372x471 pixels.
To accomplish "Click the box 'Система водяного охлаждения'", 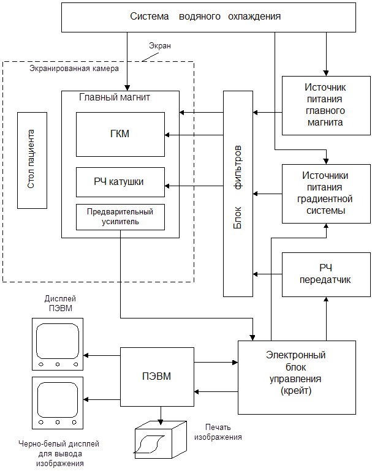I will coord(205,17).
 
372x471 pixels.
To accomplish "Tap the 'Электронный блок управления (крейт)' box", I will coord(297,377).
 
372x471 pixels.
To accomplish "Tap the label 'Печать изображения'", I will coord(218,432).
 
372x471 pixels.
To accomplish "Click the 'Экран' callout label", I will coord(160,46).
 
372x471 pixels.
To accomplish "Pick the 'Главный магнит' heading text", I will coord(115,97).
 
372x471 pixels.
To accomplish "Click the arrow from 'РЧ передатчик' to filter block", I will coord(267,273).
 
